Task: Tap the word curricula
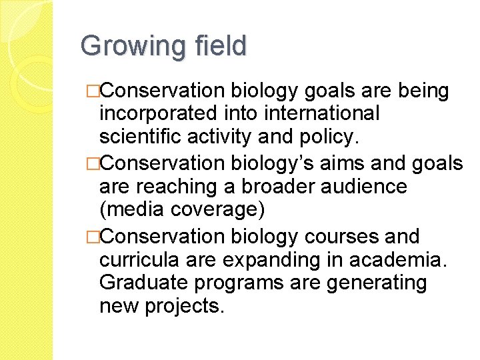(x=138, y=259)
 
